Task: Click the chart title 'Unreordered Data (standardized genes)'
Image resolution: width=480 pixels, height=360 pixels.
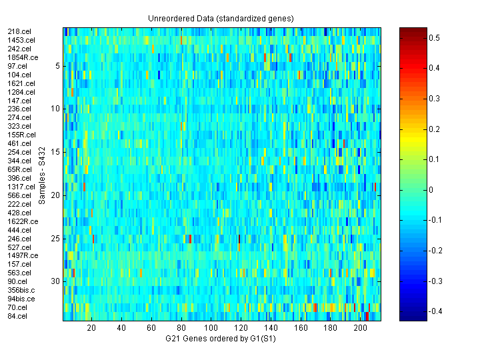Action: click(221, 18)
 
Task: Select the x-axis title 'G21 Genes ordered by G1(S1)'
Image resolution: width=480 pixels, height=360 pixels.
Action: click(221, 339)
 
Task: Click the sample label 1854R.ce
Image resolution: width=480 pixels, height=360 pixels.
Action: click(22, 57)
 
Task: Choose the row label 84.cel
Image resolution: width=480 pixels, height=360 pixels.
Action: click(17, 316)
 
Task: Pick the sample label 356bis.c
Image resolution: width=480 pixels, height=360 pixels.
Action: click(22, 290)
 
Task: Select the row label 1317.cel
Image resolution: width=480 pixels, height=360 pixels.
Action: click(20, 187)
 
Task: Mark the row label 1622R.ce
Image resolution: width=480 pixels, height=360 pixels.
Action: click(22, 221)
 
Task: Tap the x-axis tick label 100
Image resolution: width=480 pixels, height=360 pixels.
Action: click(211, 328)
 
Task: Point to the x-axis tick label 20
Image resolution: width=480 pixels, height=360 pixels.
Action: click(91, 328)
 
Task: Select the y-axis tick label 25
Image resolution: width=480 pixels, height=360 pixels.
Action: click(56, 238)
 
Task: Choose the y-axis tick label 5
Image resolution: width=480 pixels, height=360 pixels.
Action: click(58, 65)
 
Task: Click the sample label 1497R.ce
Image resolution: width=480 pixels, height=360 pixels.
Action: click(22, 256)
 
